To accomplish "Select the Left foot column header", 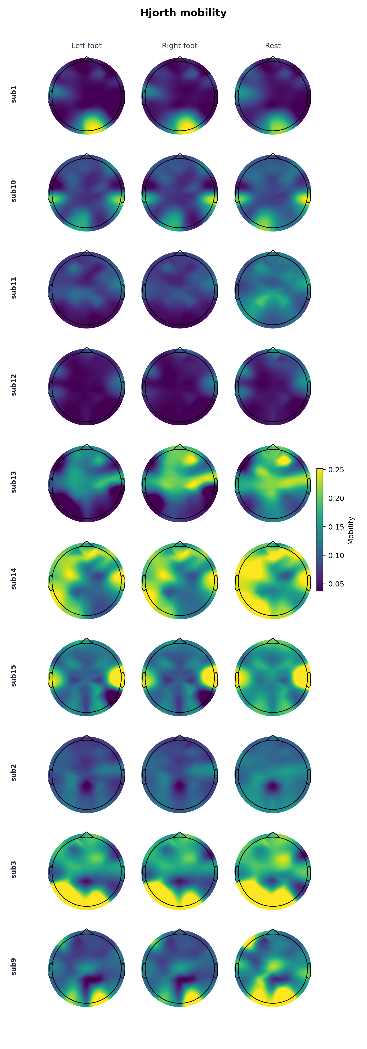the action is coord(87,46).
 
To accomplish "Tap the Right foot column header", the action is coord(179,46).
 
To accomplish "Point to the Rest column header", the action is coord(273,46).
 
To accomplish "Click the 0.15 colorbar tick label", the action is coord(336,527).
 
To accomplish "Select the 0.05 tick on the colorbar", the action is coord(336,584).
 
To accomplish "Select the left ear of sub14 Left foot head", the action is coord(51,583).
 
